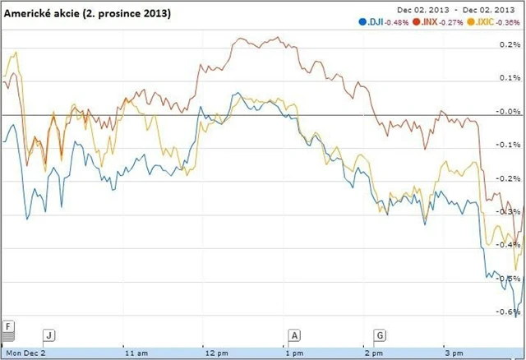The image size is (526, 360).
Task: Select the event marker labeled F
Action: tap(8, 326)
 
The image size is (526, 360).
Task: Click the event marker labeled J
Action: tap(49, 335)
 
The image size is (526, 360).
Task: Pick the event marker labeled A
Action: tap(295, 335)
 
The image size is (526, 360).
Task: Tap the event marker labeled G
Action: tap(381, 335)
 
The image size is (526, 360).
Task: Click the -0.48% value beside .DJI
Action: tap(399, 21)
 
